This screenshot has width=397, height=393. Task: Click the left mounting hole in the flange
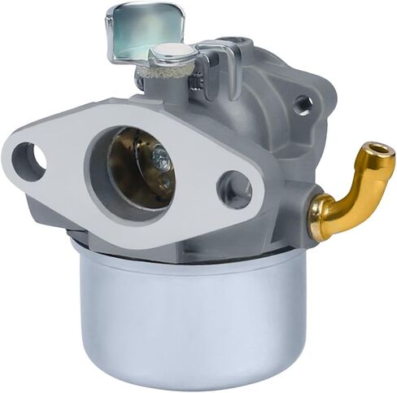27,161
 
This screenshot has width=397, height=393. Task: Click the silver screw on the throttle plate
163,162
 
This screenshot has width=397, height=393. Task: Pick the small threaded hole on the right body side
303,104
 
